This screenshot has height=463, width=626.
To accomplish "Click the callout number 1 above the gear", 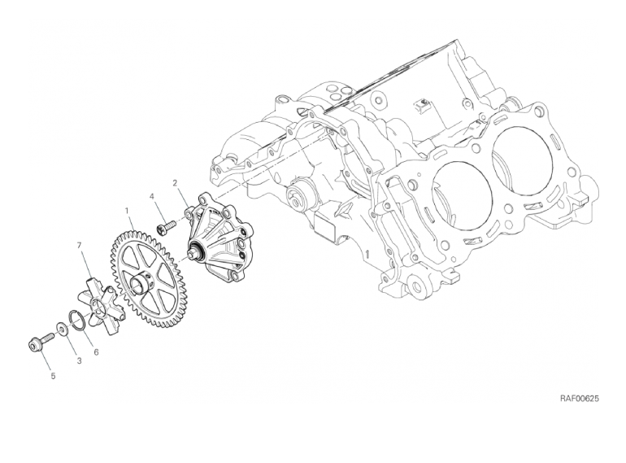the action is pos(127,210).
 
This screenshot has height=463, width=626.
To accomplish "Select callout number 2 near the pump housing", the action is pos(175,183).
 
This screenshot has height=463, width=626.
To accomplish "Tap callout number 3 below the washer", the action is pos(79,360).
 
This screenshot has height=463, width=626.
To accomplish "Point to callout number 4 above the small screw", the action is pos(152,196).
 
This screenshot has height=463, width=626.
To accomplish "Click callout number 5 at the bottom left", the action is pos(53,376).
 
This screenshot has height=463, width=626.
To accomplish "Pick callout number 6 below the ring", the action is pos(96,352).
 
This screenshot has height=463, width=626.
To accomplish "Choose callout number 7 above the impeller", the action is pos(79,245).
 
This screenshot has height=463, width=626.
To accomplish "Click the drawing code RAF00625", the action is pos(580,398).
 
